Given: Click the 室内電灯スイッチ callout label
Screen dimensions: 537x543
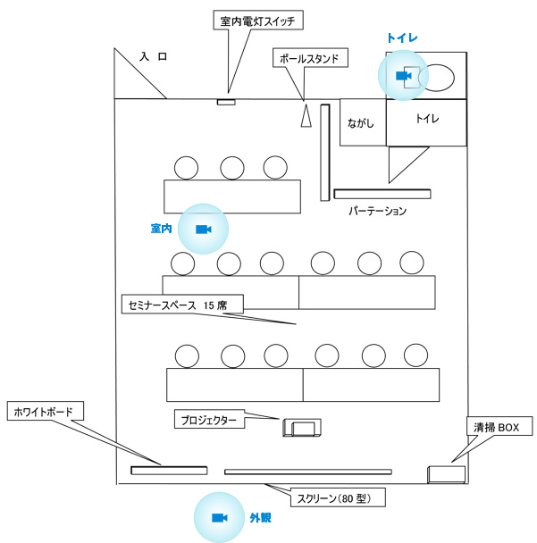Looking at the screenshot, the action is (x=258, y=20).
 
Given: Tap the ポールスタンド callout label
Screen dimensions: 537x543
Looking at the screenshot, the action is (x=310, y=58).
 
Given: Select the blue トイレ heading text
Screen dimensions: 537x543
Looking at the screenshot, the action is (x=402, y=38).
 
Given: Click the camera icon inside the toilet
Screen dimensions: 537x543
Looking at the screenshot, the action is (x=403, y=76).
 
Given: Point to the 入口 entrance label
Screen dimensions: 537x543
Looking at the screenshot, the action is (x=153, y=56).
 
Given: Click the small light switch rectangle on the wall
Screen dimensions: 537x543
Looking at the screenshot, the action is (x=226, y=102).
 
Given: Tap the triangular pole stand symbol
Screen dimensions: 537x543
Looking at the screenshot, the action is (x=306, y=116).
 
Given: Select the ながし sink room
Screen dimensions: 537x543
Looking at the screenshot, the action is (x=363, y=122).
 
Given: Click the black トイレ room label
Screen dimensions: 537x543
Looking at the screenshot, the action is (x=427, y=119).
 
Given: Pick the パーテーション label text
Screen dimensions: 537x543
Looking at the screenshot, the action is (x=378, y=211).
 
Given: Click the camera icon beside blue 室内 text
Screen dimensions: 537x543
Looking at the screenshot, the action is (x=204, y=230).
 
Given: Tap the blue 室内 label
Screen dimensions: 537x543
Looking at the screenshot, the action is (x=162, y=229).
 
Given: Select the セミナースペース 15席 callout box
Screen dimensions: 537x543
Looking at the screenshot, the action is (x=182, y=305).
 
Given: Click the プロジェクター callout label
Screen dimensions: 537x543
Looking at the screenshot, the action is (x=209, y=420).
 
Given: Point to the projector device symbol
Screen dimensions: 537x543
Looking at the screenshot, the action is (x=302, y=428).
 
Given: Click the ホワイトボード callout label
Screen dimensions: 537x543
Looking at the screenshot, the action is (x=45, y=411).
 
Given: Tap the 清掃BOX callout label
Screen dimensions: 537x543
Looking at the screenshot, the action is (x=499, y=426).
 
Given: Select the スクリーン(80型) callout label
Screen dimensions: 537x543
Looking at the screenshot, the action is (x=338, y=497).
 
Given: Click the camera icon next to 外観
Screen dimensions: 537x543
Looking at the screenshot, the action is (x=219, y=518).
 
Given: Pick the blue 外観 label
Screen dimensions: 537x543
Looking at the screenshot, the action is (x=261, y=518).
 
